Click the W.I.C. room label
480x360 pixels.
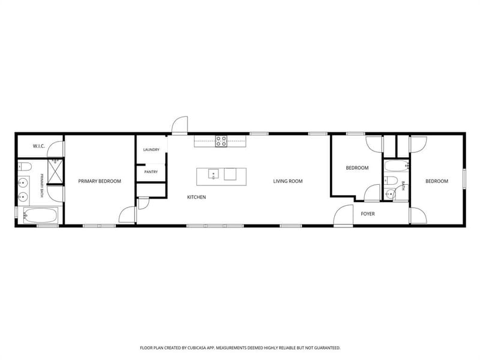point(39,146)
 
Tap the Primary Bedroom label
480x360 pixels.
point(100,181)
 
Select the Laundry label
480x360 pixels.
point(151,149)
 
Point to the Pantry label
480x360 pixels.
point(151,172)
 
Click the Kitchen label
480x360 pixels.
point(197,197)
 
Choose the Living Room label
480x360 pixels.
point(288,181)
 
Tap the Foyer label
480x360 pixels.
point(368,214)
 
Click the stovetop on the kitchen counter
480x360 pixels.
point(221,141)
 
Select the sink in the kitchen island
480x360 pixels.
point(214,174)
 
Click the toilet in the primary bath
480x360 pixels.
point(25,167)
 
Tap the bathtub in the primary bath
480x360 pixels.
point(40,215)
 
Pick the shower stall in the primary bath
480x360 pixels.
point(55,171)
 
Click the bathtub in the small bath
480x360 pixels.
point(397,166)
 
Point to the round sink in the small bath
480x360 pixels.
point(389,194)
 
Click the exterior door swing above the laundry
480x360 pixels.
point(179,125)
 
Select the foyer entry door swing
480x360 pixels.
point(343,215)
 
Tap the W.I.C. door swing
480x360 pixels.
point(56,149)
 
